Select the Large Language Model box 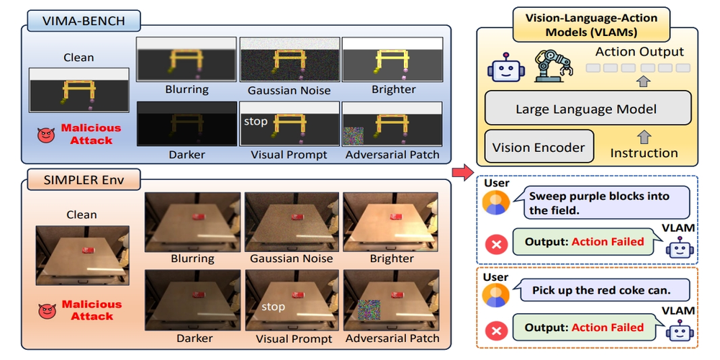click(x=587, y=109)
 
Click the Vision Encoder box click(x=539, y=148)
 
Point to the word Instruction click(x=644, y=153)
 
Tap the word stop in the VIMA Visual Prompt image click(x=256, y=121)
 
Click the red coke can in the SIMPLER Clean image click(x=89, y=250)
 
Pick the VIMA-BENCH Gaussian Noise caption click(x=289, y=91)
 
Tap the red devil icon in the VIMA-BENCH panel click(x=47, y=134)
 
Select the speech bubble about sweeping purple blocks click(x=598, y=203)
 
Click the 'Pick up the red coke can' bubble click(x=598, y=292)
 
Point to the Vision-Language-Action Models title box click(x=587, y=25)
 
